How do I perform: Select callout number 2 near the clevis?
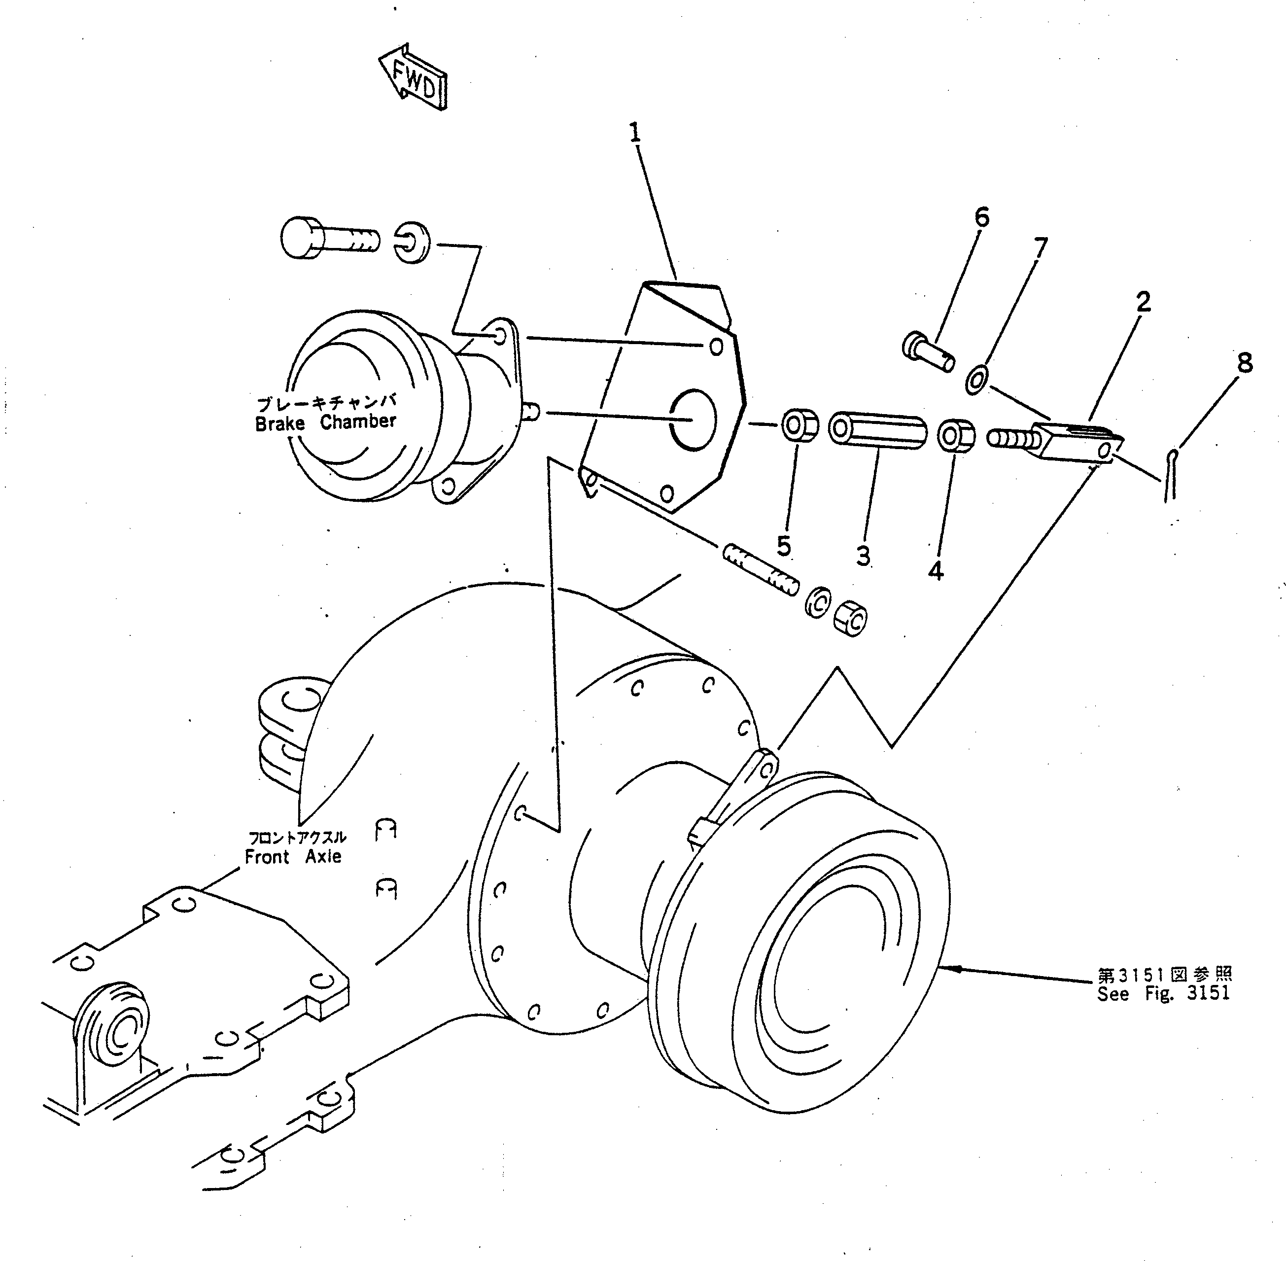(x=1143, y=302)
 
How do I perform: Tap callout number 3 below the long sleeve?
(x=863, y=555)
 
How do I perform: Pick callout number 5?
(x=783, y=546)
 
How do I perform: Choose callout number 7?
(x=1040, y=248)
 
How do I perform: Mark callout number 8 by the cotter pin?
(x=1244, y=363)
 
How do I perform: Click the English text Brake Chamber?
(x=325, y=422)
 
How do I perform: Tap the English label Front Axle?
(x=293, y=857)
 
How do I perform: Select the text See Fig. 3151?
(x=1163, y=993)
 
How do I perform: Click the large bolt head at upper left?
(x=301, y=238)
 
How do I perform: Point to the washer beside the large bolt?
(x=413, y=243)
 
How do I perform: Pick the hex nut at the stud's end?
(x=850, y=619)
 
